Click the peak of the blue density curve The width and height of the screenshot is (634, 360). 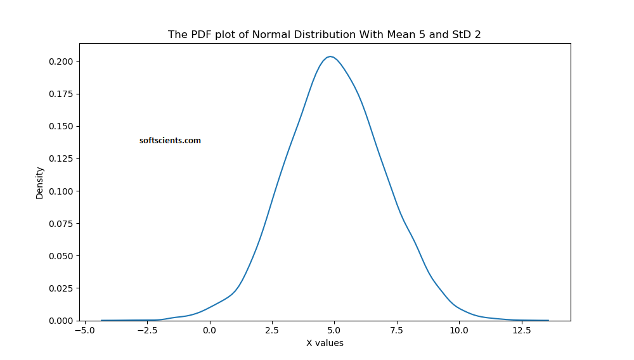[x=330, y=56]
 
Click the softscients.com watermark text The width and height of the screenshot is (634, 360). [x=170, y=141]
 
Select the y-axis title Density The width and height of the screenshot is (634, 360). [x=40, y=183]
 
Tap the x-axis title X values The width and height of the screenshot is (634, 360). [x=325, y=343]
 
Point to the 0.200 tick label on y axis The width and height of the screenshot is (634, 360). [x=62, y=61]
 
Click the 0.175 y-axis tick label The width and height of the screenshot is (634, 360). [x=62, y=94]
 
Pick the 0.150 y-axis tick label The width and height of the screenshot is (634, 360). [x=62, y=126]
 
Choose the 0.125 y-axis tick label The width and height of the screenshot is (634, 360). [x=62, y=158]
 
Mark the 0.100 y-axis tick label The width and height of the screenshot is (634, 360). [x=62, y=191]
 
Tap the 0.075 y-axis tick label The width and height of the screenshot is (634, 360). [x=62, y=223]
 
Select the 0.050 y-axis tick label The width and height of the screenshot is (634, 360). [x=62, y=255]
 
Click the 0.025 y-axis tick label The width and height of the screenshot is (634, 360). [x=62, y=288]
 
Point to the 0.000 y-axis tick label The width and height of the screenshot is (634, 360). [x=62, y=320]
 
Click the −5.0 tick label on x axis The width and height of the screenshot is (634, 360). [x=85, y=330]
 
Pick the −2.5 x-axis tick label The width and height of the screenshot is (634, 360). [x=147, y=330]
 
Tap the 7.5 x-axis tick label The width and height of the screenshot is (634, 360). [x=396, y=330]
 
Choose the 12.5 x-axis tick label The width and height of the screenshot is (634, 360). [x=521, y=330]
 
